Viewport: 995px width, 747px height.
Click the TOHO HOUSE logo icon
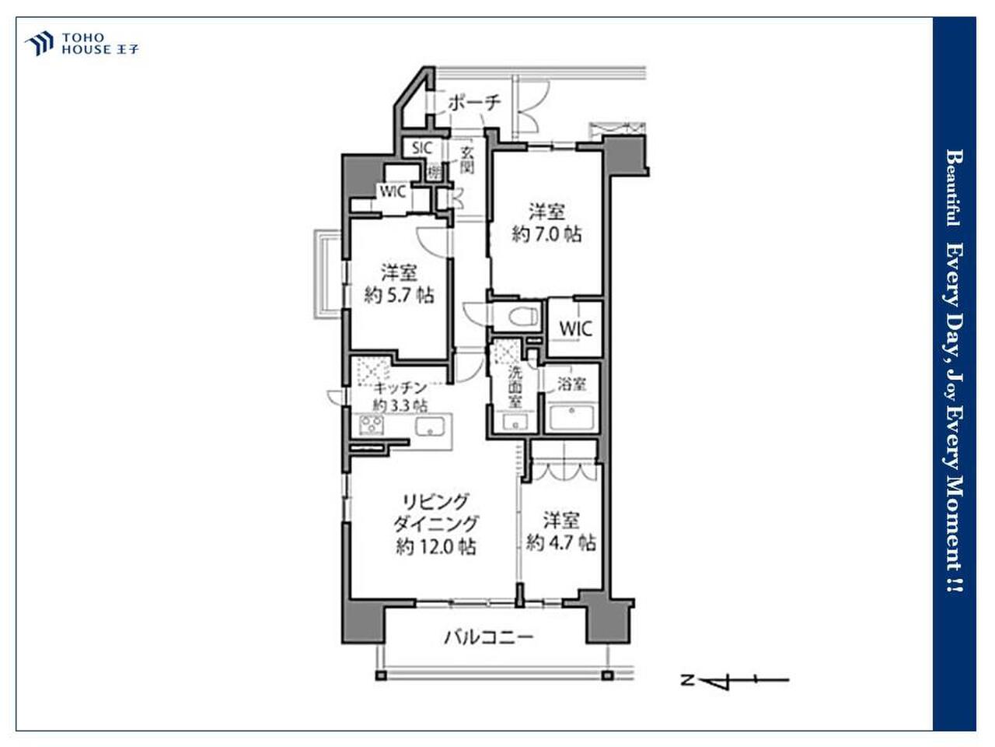click(x=40, y=44)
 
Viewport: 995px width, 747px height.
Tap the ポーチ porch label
click(x=474, y=103)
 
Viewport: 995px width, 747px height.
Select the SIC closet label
click(x=421, y=148)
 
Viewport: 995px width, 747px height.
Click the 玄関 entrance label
click(x=466, y=160)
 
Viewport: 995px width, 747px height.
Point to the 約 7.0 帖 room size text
click(x=546, y=234)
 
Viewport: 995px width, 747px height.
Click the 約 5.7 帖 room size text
click(x=399, y=296)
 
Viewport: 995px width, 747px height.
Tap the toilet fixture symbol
click(x=522, y=316)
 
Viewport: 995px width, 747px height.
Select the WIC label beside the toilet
click(x=575, y=329)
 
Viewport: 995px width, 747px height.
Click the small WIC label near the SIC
click(x=393, y=192)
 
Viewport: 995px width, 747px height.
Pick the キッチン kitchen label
click(x=400, y=388)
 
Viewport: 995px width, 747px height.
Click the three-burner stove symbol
click(x=372, y=425)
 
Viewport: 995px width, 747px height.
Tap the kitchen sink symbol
click(x=430, y=426)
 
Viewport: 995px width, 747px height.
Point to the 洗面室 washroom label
click(x=515, y=387)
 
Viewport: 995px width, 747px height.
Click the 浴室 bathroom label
click(x=571, y=384)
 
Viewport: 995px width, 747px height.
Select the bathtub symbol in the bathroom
click(x=571, y=418)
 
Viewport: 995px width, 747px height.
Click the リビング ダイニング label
click(x=435, y=513)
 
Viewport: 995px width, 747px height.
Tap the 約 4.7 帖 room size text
click(x=560, y=542)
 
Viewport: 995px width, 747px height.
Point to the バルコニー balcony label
click(x=489, y=638)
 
